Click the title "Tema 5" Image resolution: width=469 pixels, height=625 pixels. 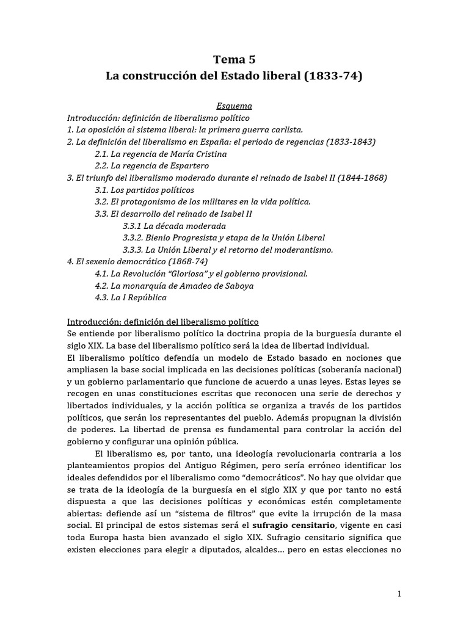pos(234,60)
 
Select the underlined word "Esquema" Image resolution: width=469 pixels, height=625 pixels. pos(235,106)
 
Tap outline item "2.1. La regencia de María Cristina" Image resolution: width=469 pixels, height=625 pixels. pos(161,154)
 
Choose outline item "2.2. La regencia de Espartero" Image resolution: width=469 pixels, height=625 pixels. pos(152,165)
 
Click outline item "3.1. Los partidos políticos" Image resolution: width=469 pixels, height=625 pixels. pos(145,190)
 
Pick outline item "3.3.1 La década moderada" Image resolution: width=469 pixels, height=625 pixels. pos(174,226)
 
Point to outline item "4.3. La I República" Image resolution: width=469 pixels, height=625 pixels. pos(130,298)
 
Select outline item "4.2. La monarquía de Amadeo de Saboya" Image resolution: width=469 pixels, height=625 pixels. pos(174,286)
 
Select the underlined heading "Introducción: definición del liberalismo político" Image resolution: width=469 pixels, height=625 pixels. pos(163,322)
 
